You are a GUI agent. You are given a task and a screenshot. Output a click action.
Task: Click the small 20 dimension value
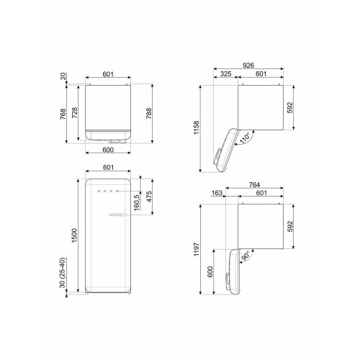coord(64,76)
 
